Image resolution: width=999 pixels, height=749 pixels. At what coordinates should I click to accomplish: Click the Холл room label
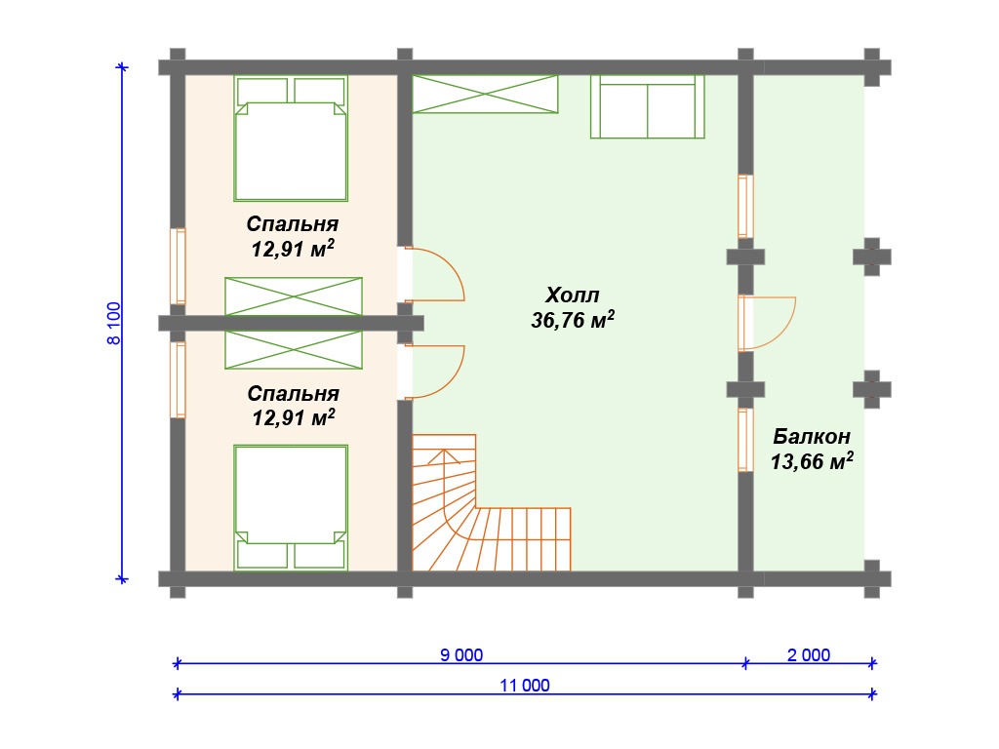(x=572, y=295)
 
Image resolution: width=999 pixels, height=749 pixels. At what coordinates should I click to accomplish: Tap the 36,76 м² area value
(x=572, y=319)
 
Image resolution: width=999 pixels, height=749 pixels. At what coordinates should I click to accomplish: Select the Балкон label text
(x=811, y=436)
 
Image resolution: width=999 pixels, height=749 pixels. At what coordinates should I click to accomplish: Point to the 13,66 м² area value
(x=812, y=460)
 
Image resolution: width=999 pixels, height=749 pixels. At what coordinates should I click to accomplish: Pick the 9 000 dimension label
(x=461, y=654)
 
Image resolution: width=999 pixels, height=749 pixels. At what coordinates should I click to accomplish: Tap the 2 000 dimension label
(x=809, y=654)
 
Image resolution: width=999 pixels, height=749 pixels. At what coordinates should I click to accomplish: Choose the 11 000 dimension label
(x=524, y=686)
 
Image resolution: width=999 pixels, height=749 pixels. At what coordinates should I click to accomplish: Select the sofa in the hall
(x=648, y=106)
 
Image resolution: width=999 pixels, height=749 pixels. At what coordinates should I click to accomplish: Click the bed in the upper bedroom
(x=291, y=138)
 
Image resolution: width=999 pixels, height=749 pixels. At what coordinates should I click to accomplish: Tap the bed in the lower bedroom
(x=291, y=507)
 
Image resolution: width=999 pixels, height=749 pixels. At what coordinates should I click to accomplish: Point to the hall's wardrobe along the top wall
(x=485, y=95)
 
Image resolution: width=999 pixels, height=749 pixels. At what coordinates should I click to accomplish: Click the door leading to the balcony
(x=785, y=336)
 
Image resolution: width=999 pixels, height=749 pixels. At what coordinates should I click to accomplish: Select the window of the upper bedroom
(x=178, y=266)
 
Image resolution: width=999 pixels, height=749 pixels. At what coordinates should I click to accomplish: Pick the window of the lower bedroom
(x=178, y=379)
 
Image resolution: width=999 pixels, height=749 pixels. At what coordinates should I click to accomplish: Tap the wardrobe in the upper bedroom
(x=293, y=296)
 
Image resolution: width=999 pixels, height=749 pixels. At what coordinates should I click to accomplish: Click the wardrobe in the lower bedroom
(x=293, y=350)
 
